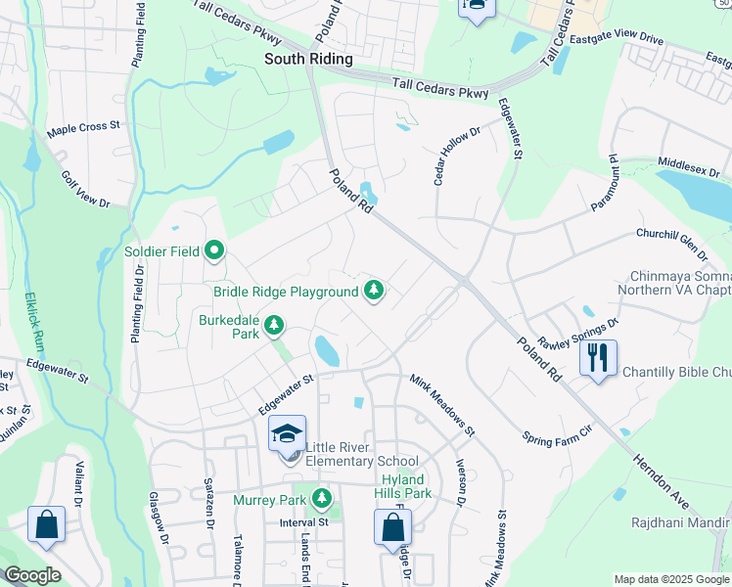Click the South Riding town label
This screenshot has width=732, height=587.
pos(308,59)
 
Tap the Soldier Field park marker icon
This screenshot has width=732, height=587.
pos(214,252)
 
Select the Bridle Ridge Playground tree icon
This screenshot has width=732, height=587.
pos(373,291)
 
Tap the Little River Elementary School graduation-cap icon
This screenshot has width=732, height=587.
pos(288,434)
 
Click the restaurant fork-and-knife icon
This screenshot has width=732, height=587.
pos(599,357)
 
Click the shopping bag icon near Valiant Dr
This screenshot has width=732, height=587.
pos(46,524)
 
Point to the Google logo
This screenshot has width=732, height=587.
pos(33,575)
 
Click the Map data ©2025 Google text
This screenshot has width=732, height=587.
pos(671,579)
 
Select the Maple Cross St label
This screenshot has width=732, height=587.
pos(83,127)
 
